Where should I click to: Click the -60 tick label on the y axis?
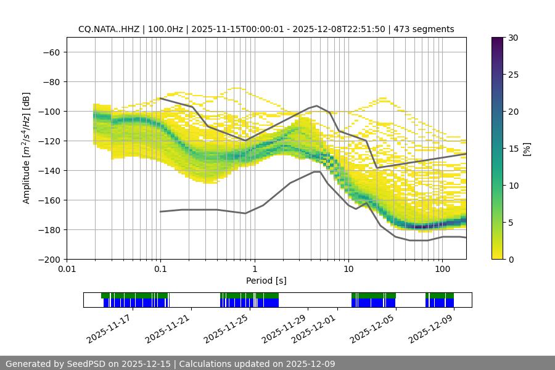pos(51,52)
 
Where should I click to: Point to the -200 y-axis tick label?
pos(48,259)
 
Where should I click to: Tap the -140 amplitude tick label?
pos(48,170)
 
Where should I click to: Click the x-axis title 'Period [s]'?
pos(266,281)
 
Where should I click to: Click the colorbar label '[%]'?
pos(526,149)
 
